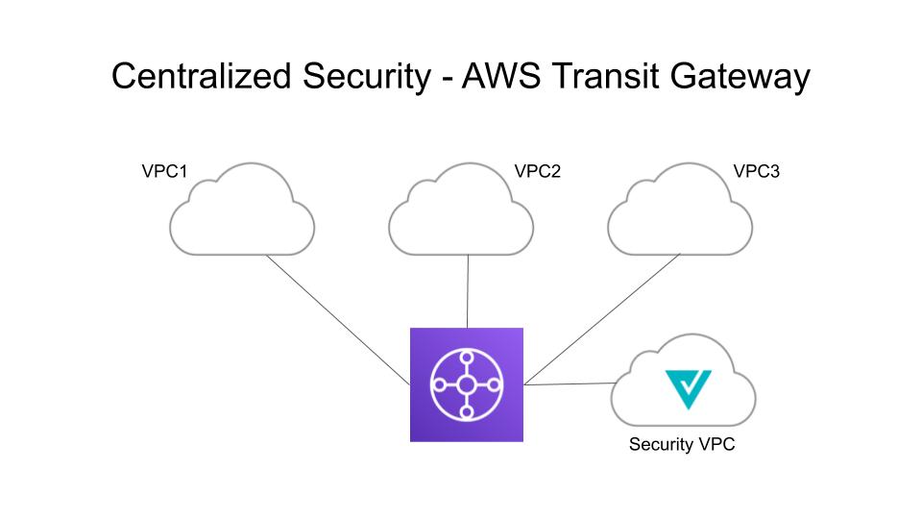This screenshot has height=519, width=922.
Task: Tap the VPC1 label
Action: (163, 173)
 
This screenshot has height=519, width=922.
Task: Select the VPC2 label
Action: (537, 173)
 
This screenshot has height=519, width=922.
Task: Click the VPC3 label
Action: (757, 173)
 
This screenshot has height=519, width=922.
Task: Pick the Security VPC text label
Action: (682, 445)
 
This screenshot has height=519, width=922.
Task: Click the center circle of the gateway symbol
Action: (467, 384)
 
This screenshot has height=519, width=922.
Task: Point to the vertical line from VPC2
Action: (468, 291)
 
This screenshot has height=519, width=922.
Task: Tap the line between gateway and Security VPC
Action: (569, 384)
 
